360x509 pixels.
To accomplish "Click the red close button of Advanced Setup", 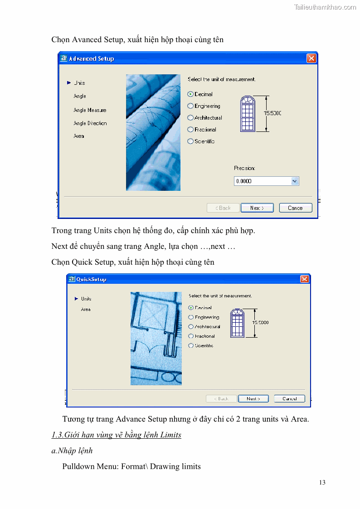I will (311, 58).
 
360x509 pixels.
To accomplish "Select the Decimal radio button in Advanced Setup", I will (190, 94).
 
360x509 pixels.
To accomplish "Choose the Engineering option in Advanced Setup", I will (190, 106).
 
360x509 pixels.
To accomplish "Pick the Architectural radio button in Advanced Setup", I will (190, 118).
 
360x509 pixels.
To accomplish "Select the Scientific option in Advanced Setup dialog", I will (190, 141).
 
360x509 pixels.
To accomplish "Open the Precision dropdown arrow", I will (295, 181).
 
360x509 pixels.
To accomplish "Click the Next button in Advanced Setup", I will (257, 208).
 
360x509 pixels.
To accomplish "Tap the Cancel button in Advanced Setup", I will (296, 208).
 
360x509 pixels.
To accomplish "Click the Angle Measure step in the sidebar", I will (90, 110).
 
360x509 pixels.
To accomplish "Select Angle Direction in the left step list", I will (90, 123).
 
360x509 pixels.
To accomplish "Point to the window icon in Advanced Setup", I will (248, 114).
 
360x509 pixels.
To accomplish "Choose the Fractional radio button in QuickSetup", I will (191, 336).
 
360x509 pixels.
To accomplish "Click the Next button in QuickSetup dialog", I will (253, 399).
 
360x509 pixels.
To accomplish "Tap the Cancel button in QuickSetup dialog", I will (289, 399).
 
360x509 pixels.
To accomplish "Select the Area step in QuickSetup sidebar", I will (86, 310).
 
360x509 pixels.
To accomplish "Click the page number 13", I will (322, 482).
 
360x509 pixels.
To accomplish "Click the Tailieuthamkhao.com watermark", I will (325, 7).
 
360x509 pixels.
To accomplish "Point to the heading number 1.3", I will (57, 435).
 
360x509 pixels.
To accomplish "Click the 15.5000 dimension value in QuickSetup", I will (261, 323).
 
